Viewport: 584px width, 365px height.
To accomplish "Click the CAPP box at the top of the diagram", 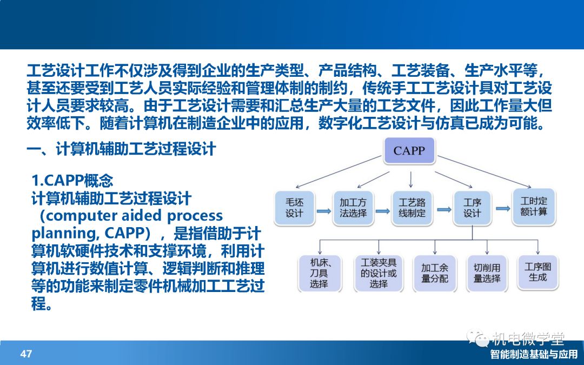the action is (x=409, y=150).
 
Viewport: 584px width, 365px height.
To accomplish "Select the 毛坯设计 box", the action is (x=294, y=208).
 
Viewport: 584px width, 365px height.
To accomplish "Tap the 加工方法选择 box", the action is (x=353, y=208).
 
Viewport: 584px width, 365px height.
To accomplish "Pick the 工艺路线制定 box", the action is (x=412, y=208).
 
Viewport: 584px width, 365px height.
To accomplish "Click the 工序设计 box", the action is (x=472, y=208).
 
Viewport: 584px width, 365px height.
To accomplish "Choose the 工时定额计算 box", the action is (x=533, y=207).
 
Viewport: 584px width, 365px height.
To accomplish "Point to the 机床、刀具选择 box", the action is (x=319, y=273).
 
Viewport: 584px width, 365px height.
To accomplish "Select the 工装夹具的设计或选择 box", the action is (x=378, y=273).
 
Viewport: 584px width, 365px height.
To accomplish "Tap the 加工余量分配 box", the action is (x=434, y=273).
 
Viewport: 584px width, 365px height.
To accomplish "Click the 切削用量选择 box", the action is (x=487, y=273).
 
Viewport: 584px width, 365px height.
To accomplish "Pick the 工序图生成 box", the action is (x=537, y=272).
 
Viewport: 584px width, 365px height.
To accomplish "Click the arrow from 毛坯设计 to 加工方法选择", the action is (x=324, y=211).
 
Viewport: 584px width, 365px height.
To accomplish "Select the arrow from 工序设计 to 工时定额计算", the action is (x=503, y=209).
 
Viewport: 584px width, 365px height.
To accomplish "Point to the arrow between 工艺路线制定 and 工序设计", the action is (x=443, y=210).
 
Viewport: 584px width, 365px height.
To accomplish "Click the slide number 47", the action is (x=26, y=354).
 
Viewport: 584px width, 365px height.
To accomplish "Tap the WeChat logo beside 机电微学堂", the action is (x=477, y=337).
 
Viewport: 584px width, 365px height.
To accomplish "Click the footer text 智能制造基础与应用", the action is (x=534, y=354).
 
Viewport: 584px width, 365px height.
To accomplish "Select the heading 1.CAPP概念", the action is (x=72, y=181).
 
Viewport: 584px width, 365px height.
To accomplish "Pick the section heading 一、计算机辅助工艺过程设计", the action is (x=122, y=149).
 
